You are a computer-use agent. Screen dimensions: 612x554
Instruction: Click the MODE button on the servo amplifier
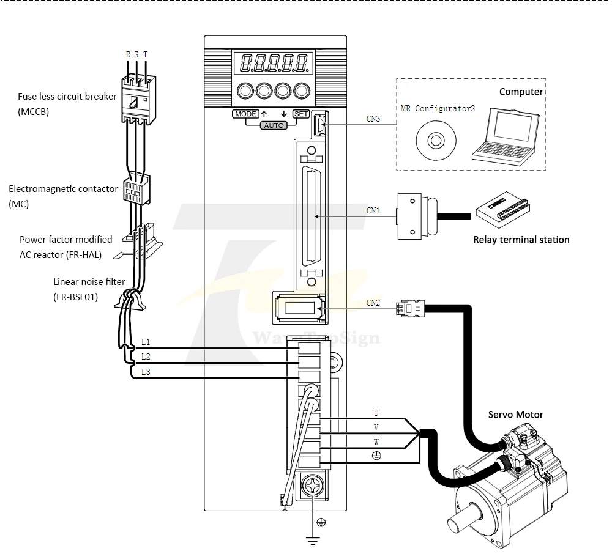tap(246, 114)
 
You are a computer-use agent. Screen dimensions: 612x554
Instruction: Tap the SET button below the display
tap(301, 114)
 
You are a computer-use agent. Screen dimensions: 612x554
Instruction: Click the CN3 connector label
tap(373, 119)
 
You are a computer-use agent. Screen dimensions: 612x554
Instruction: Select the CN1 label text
tap(373, 210)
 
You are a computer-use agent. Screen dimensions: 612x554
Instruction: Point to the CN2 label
tap(373, 303)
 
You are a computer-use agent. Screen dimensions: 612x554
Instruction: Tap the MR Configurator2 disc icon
tap(436, 141)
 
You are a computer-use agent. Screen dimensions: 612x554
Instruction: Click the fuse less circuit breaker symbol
tap(138, 99)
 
